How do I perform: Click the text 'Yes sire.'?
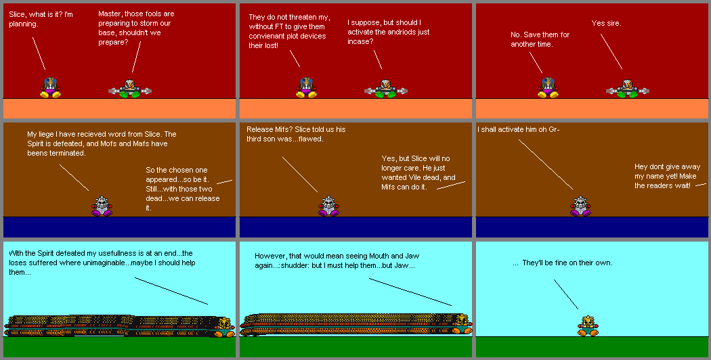[606, 24]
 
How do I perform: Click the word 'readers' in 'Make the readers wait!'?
[664, 185]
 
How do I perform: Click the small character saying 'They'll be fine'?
[588, 327]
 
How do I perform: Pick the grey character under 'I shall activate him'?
[579, 206]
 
